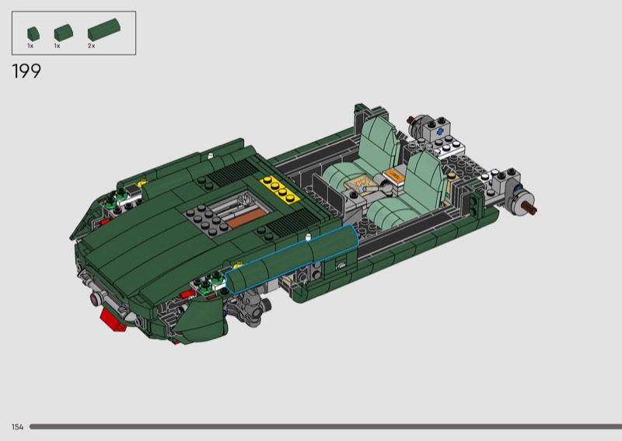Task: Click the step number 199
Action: coord(26,71)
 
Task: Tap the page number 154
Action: coord(17,427)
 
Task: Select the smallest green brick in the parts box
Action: coord(33,33)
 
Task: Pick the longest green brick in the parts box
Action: coord(104,30)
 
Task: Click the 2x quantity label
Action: coord(91,46)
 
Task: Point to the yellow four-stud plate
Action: coord(280,189)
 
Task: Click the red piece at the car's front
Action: coord(113,318)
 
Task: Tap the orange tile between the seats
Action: coord(395,175)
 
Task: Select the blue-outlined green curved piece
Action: coord(292,259)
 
